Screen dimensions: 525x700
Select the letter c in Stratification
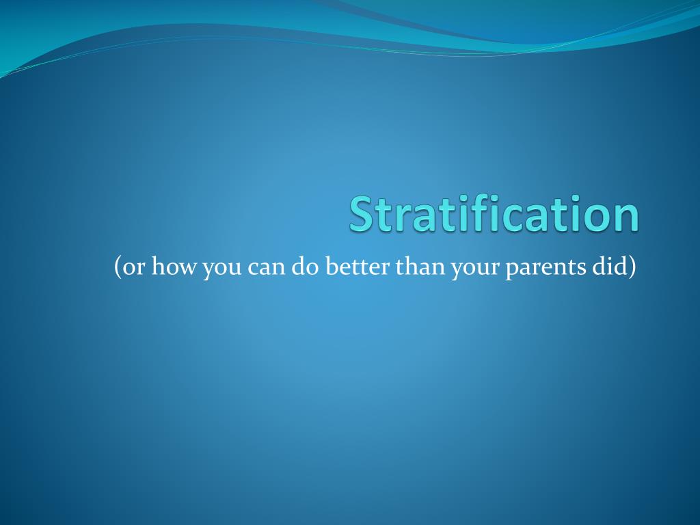[x=517, y=217]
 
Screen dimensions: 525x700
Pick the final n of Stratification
[x=625, y=217]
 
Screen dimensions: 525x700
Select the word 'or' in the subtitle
[x=133, y=269]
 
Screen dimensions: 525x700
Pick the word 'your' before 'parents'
[x=475, y=269]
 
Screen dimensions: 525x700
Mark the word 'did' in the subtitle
[x=610, y=267]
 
